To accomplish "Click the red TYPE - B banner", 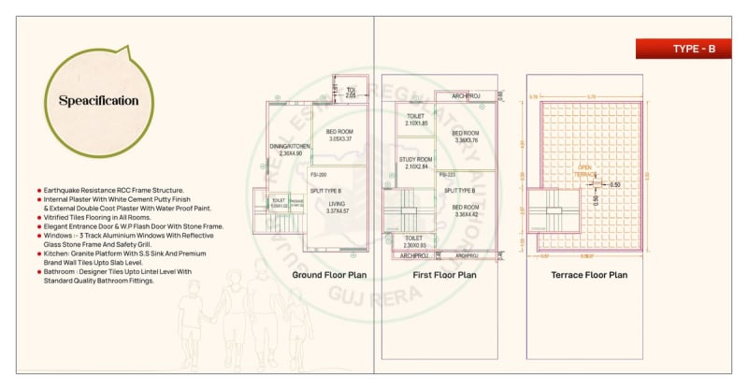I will click(x=691, y=49).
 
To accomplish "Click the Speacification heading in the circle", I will click(x=98, y=101).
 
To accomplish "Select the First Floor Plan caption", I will click(x=444, y=275).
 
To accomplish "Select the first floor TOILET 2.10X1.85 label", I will click(x=416, y=120).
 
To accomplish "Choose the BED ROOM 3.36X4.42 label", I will click(x=466, y=210).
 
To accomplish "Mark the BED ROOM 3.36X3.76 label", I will click(x=466, y=137).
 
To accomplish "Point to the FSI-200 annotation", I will click(x=318, y=175).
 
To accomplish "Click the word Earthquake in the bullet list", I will click(x=64, y=190).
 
